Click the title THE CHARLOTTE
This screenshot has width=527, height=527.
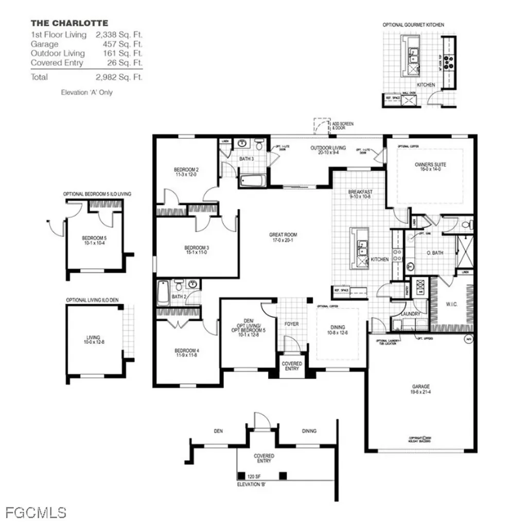(69, 23)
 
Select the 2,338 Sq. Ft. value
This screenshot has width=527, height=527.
(119, 35)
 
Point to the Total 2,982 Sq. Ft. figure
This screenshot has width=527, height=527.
(119, 77)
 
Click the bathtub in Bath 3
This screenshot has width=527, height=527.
(253, 181)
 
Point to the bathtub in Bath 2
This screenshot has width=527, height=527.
(163, 292)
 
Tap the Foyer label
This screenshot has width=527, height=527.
(291, 324)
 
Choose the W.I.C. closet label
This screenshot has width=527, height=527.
(452, 304)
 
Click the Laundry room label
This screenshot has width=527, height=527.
(411, 313)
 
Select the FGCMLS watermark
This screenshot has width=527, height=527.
(36, 513)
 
